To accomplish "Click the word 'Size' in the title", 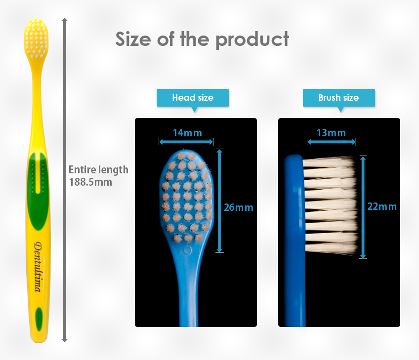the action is pyautogui.click(x=133, y=39).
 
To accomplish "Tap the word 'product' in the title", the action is pyautogui.click(x=252, y=40).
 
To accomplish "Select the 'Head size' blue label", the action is pyautogui.click(x=193, y=98).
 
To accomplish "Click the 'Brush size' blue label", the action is pyautogui.click(x=339, y=98).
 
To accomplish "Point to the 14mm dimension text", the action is pyautogui.click(x=187, y=133).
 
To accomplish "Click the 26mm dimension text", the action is pyautogui.click(x=238, y=207).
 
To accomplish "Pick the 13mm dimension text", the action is pyautogui.click(x=331, y=133).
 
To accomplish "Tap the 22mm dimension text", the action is pyautogui.click(x=382, y=206).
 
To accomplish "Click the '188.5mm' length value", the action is pyautogui.click(x=90, y=182).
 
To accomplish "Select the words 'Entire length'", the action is pyautogui.click(x=98, y=170).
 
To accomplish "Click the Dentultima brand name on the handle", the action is pyautogui.click(x=39, y=267).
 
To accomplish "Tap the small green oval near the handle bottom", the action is pyautogui.click(x=39, y=319).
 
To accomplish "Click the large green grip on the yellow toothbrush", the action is pyautogui.click(x=38, y=191).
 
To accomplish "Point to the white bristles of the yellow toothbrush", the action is pyautogui.click(x=36, y=39).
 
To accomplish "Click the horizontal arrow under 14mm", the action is pyautogui.click(x=186, y=142).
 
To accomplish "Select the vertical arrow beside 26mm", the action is pyautogui.click(x=219, y=200).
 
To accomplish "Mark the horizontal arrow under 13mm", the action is pyautogui.click(x=332, y=142).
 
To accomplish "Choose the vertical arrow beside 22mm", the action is pyautogui.click(x=363, y=207).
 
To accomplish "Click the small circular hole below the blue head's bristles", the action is pyautogui.click(x=187, y=250).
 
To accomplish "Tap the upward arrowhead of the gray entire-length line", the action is pyautogui.click(x=64, y=21).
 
